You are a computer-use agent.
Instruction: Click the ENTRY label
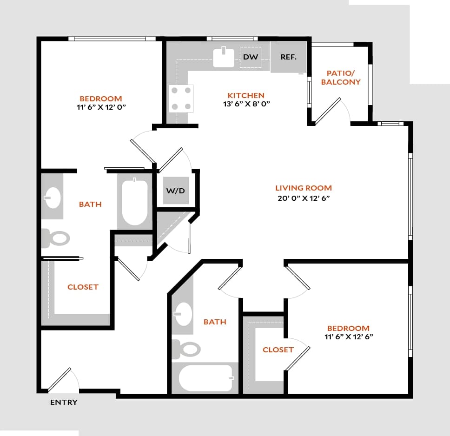64,402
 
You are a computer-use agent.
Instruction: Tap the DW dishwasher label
251,57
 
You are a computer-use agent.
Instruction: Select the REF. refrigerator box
289,57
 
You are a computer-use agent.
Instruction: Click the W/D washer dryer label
175,191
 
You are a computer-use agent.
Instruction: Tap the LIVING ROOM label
304,188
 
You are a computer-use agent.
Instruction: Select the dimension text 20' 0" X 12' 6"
304,198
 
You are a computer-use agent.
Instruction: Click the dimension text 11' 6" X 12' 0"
100,107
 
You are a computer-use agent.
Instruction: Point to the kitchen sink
224,58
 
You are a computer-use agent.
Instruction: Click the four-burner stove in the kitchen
181,99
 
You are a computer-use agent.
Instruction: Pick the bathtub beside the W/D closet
135,203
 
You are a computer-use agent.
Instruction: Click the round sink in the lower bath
183,315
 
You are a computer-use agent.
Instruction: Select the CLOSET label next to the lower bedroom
278,350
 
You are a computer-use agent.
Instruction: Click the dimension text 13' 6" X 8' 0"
246,104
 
